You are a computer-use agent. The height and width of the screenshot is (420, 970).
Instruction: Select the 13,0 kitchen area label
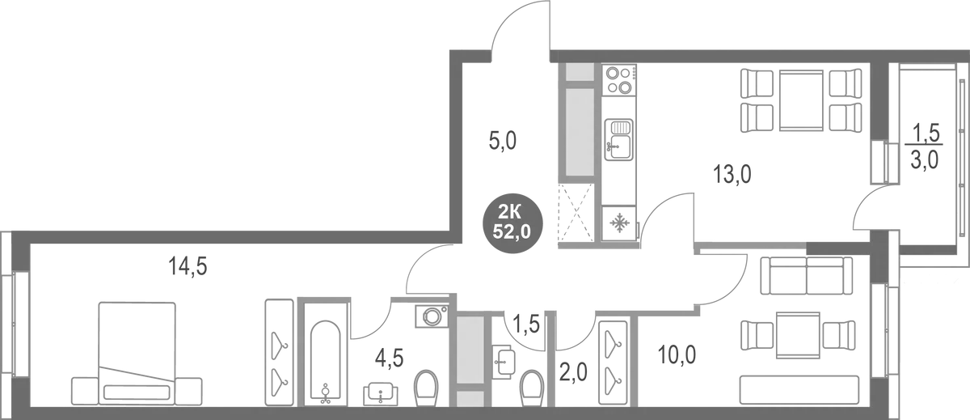point(732,173)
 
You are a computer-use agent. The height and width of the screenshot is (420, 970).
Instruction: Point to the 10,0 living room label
point(677,354)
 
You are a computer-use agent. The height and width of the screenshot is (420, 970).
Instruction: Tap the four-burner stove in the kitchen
point(620,79)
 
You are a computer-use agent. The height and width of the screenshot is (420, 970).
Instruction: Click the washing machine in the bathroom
point(432,316)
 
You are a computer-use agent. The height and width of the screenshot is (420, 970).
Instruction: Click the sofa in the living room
point(807,275)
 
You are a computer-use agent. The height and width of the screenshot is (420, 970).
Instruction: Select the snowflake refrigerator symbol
point(620,223)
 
